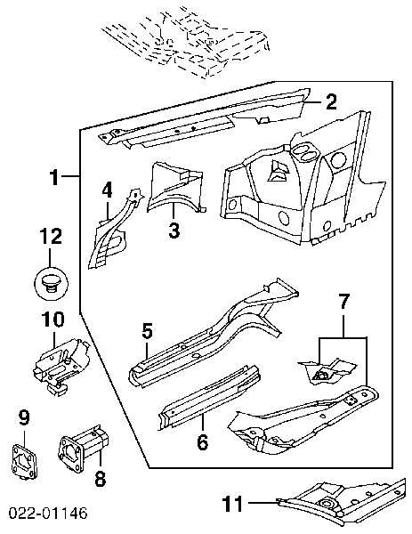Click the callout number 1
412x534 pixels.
tap(54, 177)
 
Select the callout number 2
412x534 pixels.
tap(331, 101)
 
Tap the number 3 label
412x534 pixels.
tap(174, 230)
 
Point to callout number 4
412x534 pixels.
tap(108, 190)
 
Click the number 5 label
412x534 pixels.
tap(147, 331)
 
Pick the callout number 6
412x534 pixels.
tap(203, 441)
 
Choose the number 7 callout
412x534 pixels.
tap(343, 302)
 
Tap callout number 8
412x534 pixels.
tap(100, 479)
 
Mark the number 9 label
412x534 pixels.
tap(24, 417)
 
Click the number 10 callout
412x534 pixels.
tap(53, 320)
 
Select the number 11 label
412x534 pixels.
tap(233, 504)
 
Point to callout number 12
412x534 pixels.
tap(51, 237)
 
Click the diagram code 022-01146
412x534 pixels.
tap(48, 513)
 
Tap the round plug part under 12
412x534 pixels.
tap(51, 283)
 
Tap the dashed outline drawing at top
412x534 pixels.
tap(187, 43)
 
